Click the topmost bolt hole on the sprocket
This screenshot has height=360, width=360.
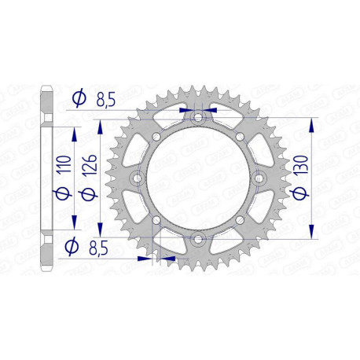pos(197,118)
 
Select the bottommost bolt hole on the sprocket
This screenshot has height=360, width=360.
pos(197,239)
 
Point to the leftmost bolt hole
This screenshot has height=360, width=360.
pos(138,178)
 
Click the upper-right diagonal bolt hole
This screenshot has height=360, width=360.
pos(240,136)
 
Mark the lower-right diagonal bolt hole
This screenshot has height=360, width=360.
pos(240,221)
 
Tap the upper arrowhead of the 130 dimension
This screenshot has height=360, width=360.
pos(314,124)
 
